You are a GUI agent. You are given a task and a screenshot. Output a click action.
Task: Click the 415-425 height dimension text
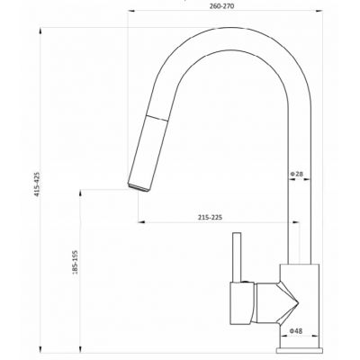[38, 184]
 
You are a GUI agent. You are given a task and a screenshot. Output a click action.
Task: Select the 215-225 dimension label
[210, 218]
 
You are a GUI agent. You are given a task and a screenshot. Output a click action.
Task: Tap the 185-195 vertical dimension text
[75, 263]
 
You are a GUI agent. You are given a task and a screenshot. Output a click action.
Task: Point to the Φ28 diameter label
[296, 174]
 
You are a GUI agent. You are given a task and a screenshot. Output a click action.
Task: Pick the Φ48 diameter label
[296, 331]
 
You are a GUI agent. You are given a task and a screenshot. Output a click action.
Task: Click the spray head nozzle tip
[139, 188]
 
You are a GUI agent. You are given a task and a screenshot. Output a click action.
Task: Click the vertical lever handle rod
[238, 257]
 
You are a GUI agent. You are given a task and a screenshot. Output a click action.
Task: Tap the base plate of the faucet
[300, 350]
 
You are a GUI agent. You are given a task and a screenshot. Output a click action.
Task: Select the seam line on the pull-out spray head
[157, 118]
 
